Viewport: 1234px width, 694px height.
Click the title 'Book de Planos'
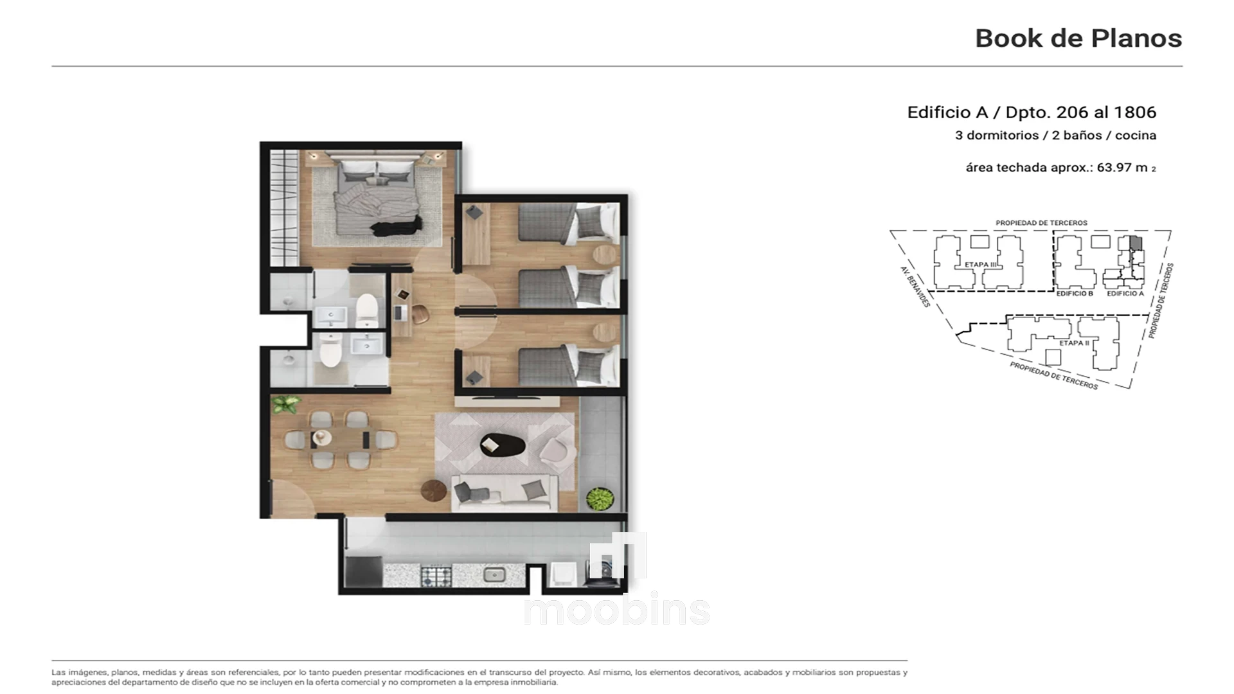(x=1078, y=39)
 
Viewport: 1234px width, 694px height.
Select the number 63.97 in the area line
(x=1114, y=168)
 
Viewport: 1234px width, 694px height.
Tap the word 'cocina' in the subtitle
(x=1136, y=136)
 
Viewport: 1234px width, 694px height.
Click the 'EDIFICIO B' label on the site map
(x=1075, y=294)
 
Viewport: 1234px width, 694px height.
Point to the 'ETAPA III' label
(x=981, y=265)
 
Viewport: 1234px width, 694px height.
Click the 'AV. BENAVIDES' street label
(x=915, y=287)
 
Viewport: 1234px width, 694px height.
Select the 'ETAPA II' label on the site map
(x=1074, y=343)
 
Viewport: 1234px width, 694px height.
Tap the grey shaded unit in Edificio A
(x=1136, y=244)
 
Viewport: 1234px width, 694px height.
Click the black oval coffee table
(x=503, y=445)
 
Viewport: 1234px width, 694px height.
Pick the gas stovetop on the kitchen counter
(x=436, y=575)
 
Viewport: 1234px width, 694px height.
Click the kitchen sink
(x=494, y=574)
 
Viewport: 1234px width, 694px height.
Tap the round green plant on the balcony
(x=600, y=499)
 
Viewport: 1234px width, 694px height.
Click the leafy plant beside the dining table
(x=285, y=404)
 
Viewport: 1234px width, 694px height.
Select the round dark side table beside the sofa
(x=434, y=491)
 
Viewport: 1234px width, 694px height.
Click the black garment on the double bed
(x=398, y=226)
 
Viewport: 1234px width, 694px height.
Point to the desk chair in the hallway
(x=420, y=314)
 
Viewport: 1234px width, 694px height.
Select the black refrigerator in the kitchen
(x=364, y=571)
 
